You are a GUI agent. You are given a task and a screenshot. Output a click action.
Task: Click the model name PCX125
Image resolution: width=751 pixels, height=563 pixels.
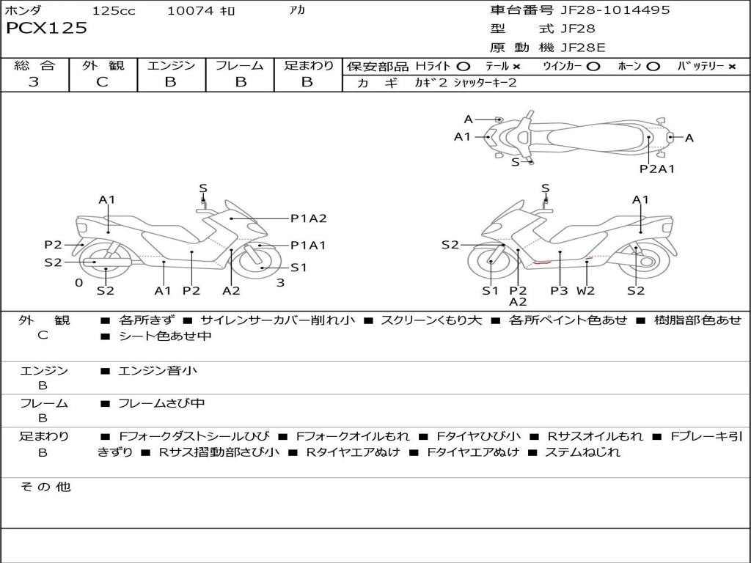coord(46,28)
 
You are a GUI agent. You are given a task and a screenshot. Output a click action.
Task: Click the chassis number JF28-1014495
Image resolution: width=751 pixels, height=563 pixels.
coord(615,10)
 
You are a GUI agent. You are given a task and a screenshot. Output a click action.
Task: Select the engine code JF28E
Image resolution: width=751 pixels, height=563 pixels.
coord(583,48)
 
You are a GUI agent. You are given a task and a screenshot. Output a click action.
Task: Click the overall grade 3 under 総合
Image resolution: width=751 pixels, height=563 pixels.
coord(34,81)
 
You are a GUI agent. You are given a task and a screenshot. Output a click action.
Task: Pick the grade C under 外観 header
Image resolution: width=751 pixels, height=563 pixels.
coord(103,82)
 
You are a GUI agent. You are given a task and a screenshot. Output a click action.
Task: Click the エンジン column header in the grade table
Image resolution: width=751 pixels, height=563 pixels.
coord(171,65)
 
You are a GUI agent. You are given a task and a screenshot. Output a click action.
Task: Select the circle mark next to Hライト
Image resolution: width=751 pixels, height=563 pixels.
coord(464,67)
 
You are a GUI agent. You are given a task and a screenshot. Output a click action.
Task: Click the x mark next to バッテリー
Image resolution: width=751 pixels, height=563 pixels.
coord(732,67)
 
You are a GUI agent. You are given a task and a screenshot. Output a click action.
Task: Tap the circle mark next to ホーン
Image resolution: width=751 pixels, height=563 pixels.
coord(653,67)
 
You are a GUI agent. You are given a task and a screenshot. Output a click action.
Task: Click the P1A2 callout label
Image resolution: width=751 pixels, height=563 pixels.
coord(309,218)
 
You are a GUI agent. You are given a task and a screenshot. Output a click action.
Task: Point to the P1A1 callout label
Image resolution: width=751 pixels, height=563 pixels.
coord(308,245)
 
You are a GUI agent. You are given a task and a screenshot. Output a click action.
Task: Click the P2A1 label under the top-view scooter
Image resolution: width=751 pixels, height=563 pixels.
coord(657,169)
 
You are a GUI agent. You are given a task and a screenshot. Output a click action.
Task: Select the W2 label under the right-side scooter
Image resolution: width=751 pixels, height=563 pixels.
coord(585,290)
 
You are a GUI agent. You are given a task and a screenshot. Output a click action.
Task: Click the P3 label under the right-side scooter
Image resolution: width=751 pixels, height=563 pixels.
coord(559,290)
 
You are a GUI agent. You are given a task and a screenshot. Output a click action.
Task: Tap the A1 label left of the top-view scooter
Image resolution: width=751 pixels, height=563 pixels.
coord(463,137)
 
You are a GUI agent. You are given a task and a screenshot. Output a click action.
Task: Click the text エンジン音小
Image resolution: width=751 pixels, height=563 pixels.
coord(158,370)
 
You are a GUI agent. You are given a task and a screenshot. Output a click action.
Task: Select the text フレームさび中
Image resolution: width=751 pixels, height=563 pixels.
coord(161,403)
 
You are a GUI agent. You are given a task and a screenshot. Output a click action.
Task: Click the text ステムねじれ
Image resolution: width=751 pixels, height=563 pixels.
coord(582,452)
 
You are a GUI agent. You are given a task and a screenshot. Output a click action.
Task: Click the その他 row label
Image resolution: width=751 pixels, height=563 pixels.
coord(45,487)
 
